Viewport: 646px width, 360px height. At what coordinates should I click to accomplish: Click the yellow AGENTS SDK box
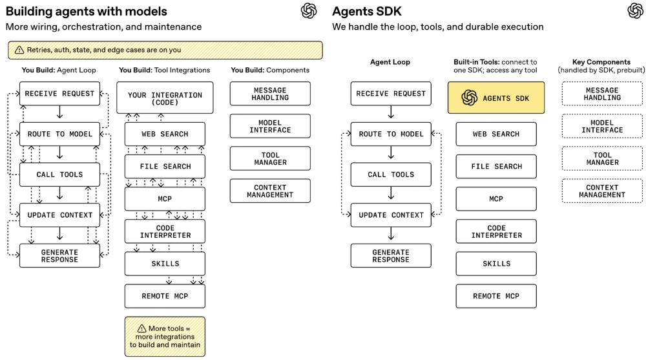click(x=495, y=98)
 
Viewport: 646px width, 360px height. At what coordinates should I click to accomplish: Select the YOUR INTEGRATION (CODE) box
click(x=165, y=98)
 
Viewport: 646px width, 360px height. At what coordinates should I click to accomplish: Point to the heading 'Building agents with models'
click(x=87, y=11)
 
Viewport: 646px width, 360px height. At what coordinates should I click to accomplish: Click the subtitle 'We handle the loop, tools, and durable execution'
click(x=437, y=27)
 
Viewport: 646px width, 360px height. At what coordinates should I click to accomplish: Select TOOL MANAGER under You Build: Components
click(x=270, y=158)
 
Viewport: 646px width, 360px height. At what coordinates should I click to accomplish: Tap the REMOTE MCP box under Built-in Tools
click(x=495, y=296)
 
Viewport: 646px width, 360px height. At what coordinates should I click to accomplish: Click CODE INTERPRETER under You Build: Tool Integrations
click(x=165, y=231)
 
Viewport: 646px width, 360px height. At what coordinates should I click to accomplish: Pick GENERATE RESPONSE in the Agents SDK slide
click(x=390, y=256)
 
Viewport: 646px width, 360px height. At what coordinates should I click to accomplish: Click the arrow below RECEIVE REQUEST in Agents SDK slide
click(x=390, y=114)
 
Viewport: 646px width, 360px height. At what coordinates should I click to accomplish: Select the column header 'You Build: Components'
click(x=270, y=70)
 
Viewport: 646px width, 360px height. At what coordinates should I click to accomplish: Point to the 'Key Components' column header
click(x=601, y=62)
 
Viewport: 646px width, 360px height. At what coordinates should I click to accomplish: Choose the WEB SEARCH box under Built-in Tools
click(x=495, y=134)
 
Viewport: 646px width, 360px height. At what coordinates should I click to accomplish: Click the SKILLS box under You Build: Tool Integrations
click(x=165, y=264)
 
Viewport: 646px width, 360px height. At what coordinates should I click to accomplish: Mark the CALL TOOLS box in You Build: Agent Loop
click(x=59, y=175)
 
